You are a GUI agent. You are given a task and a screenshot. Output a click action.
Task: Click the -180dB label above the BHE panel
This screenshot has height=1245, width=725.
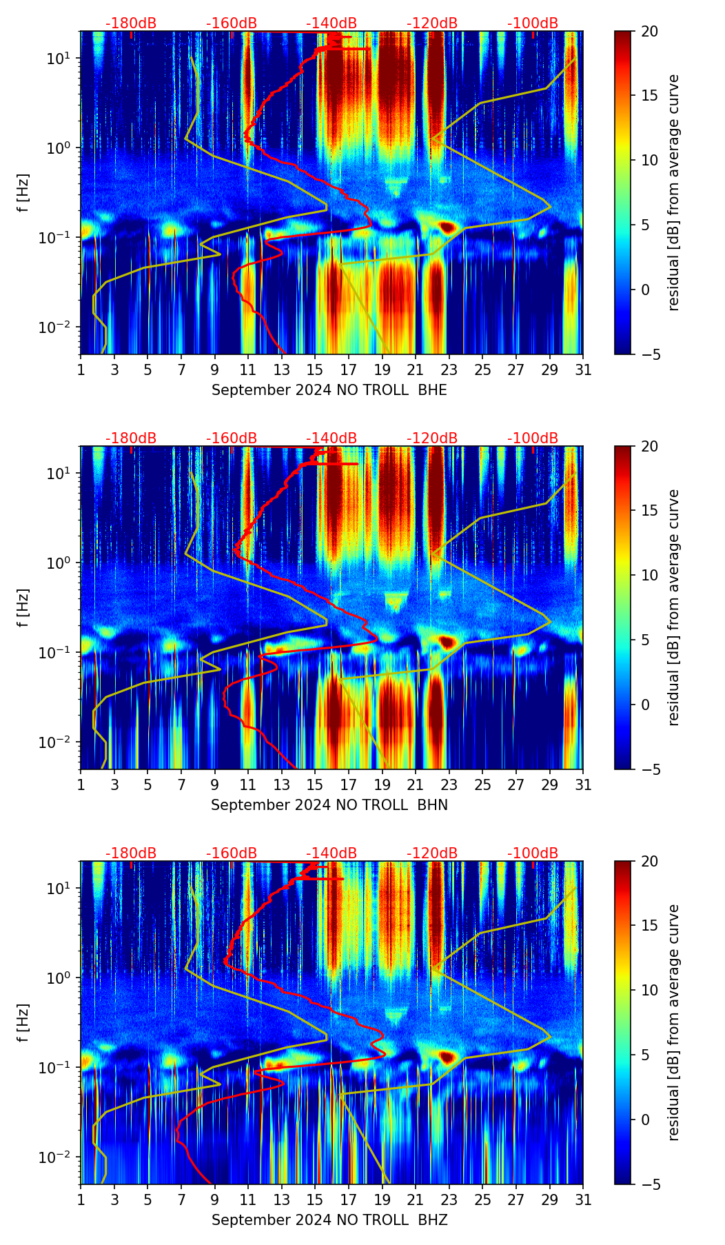pos(131,23)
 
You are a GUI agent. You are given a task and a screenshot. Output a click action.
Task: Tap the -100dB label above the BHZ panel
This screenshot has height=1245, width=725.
pos(533,853)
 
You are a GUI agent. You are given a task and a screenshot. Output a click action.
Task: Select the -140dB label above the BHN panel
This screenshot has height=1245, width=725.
pos(331,438)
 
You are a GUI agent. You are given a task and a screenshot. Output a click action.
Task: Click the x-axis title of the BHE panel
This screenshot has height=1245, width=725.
pos(329,390)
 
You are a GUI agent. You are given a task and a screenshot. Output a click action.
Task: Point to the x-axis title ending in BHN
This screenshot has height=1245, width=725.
pos(329,805)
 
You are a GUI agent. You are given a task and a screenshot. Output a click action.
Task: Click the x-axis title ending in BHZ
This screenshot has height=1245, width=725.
pos(329,1220)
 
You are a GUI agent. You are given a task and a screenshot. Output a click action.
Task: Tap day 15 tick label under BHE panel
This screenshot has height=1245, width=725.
pos(315,370)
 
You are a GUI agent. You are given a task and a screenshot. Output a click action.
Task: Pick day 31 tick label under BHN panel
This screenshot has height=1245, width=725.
pos(583,785)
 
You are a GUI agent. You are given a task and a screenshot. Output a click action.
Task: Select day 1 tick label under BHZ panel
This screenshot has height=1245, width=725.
pos(81,1200)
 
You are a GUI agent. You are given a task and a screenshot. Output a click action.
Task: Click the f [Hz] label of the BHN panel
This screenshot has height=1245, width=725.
pos(24,607)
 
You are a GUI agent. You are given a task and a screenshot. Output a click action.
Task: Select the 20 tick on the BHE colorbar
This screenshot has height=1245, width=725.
pos(649,31)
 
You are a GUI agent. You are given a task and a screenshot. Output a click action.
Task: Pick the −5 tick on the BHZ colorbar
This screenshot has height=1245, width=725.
pos(652,1184)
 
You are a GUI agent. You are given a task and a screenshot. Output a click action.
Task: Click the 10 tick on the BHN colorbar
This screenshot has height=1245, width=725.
pos(649,575)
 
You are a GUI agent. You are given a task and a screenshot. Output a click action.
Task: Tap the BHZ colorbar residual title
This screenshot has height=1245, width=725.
pos(673,1022)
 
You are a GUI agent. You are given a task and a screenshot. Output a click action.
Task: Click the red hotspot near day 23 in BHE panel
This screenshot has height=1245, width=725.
pos(448,227)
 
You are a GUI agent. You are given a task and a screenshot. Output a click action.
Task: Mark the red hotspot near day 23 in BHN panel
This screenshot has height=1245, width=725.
pos(448,642)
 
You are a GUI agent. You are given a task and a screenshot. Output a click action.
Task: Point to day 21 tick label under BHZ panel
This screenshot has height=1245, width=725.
pos(416,1200)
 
